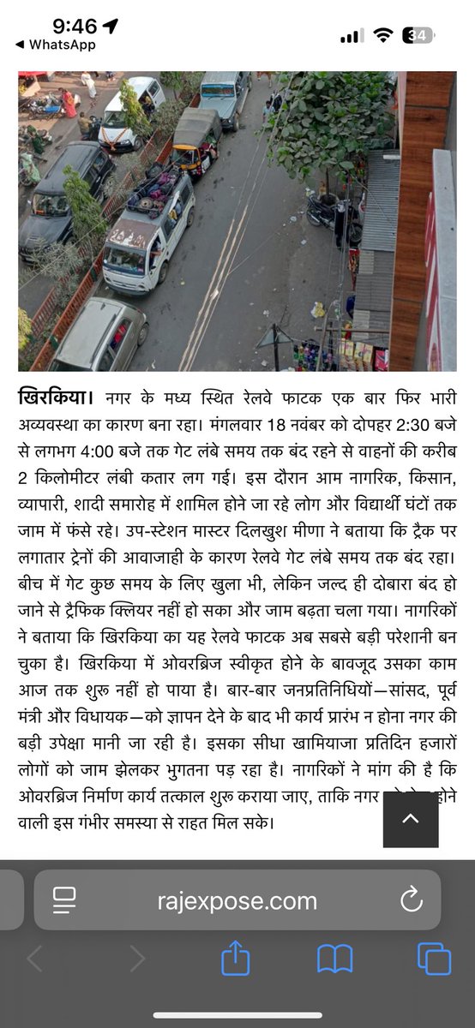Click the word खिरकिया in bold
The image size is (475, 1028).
(x=57, y=398)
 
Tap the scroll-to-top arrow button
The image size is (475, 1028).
(x=411, y=818)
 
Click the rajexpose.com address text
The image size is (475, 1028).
(x=237, y=902)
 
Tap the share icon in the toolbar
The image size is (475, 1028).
(x=235, y=959)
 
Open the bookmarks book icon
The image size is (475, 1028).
(x=334, y=959)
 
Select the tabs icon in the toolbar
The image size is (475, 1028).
(x=434, y=959)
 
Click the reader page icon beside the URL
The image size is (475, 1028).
(x=64, y=902)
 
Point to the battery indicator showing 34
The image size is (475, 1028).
(x=421, y=35)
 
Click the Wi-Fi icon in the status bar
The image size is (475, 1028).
(x=384, y=35)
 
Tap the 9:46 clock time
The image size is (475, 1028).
(x=75, y=26)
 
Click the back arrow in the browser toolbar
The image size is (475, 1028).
(x=35, y=959)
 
